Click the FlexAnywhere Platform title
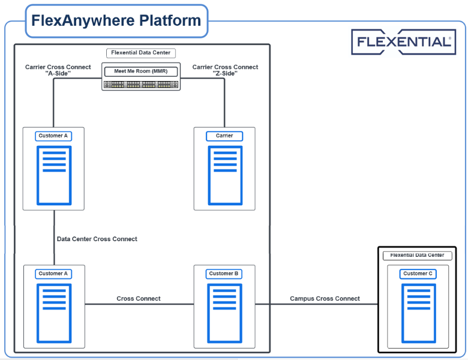point(116,21)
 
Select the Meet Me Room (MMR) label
point(141,71)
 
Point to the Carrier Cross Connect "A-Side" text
point(58,70)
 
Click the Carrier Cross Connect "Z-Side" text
point(225,70)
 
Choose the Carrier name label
point(224,136)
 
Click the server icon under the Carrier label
point(224,175)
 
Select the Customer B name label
point(224,274)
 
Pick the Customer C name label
point(415,274)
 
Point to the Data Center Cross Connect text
point(97,239)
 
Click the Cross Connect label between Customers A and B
point(139,298)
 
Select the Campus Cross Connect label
point(325,298)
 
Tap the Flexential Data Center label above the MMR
point(141,53)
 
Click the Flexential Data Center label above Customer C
point(417,256)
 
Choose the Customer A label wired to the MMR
point(54,136)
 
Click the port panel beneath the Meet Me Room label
point(141,85)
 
